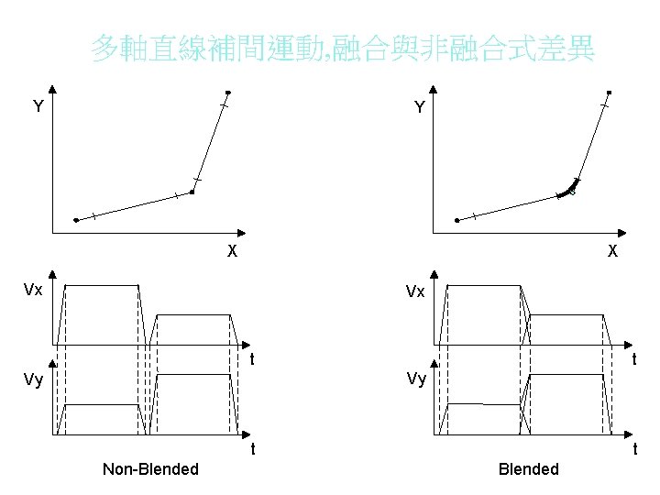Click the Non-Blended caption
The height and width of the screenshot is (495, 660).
150,469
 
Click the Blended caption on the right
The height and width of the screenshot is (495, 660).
528,469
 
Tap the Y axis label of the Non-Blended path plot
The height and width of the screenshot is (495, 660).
38,107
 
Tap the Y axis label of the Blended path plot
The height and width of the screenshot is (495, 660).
420,108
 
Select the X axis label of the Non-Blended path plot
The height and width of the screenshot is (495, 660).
232,251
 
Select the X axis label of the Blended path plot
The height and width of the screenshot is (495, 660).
612,251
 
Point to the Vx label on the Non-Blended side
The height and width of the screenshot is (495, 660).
33,291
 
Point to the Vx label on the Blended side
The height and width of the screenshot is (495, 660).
416,291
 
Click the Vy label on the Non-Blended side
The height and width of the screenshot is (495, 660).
33,379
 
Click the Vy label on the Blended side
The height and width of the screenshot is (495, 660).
416,379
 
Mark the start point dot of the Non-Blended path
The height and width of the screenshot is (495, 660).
76,221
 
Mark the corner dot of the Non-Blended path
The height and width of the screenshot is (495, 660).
192,192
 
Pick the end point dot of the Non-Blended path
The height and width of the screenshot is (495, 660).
229,93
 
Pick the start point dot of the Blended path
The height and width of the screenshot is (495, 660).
457,221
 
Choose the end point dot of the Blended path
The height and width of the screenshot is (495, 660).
609,93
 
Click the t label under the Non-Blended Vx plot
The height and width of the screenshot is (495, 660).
252,359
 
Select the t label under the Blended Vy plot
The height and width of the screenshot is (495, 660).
634,449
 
